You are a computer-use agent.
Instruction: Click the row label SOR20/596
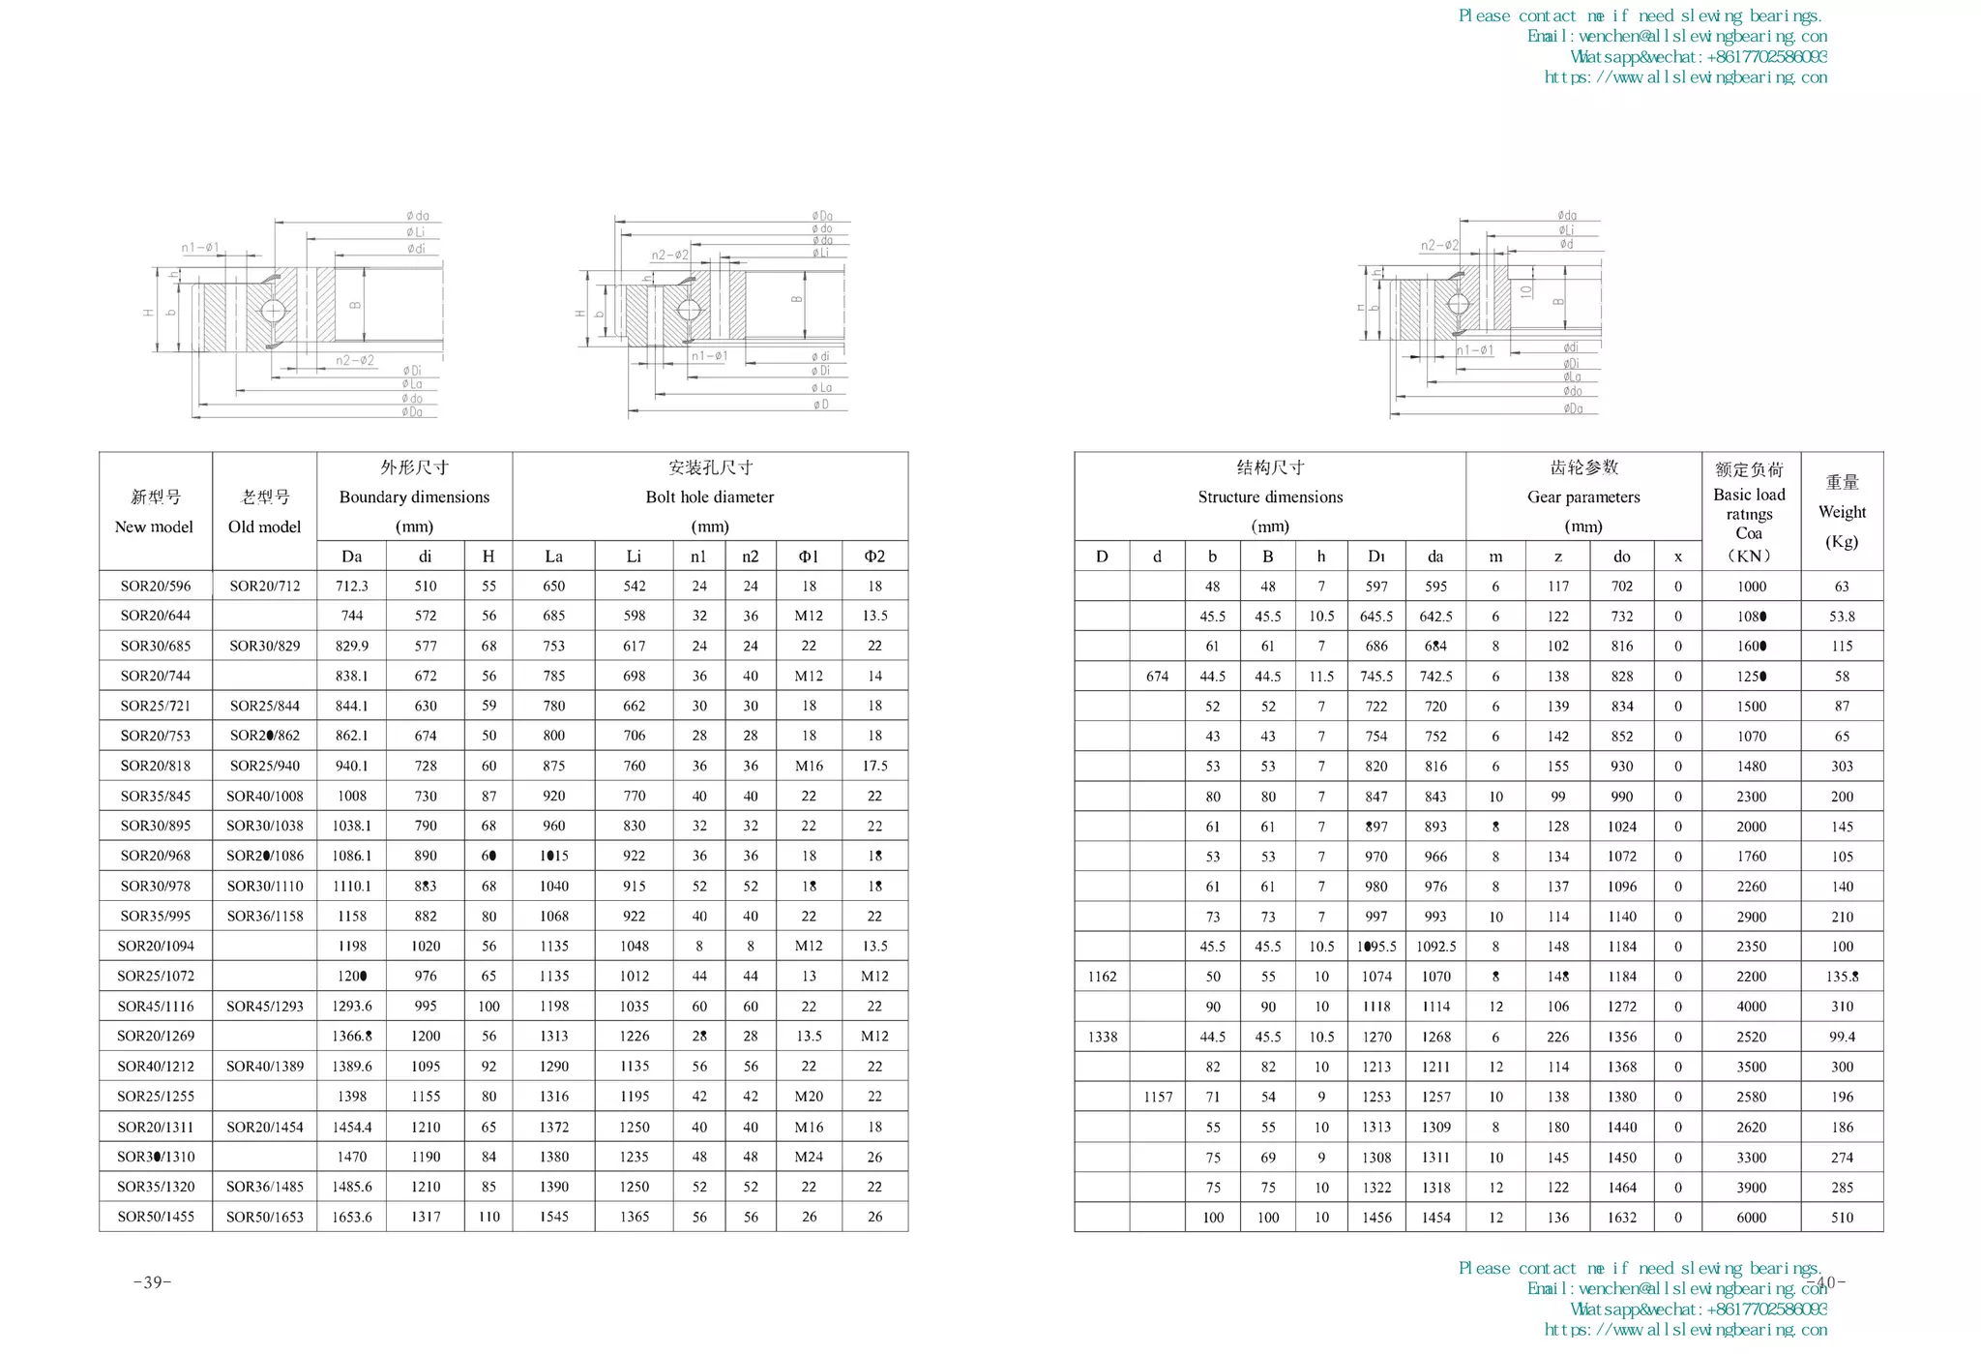(x=156, y=586)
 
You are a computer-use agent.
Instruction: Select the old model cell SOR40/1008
(x=264, y=796)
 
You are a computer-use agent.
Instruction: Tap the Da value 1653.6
(x=351, y=1217)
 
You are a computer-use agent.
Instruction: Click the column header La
(x=553, y=556)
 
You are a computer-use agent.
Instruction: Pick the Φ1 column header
(x=809, y=556)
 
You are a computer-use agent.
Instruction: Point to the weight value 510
(x=1842, y=1218)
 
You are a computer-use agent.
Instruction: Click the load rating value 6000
(x=1751, y=1218)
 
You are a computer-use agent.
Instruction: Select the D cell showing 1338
(x=1102, y=1037)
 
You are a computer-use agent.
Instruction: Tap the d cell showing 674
(x=1157, y=677)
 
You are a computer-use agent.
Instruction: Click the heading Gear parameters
(x=1583, y=496)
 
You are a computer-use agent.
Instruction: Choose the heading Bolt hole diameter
(x=710, y=496)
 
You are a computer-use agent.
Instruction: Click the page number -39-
(x=153, y=1282)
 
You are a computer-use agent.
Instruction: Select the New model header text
(x=154, y=527)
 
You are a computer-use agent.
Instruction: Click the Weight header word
(x=1842, y=512)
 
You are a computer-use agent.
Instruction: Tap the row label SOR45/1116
(x=156, y=1007)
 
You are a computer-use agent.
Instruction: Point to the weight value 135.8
(x=1842, y=977)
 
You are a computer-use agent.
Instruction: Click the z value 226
(x=1557, y=1037)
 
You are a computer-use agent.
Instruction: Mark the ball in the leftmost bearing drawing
(x=273, y=310)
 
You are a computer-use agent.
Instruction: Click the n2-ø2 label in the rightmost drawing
(x=1438, y=245)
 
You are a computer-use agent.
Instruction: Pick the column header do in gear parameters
(x=1621, y=556)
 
